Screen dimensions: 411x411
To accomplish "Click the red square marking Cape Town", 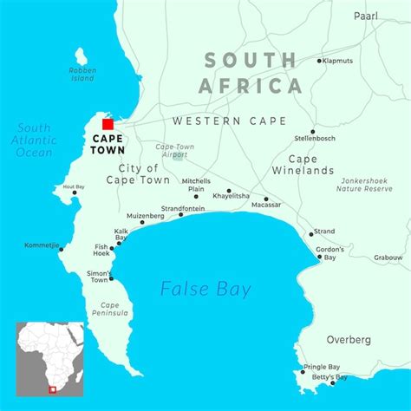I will pyautogui.click(x=108, y=124).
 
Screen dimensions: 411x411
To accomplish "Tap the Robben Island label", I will pyautogui.click(x=82, y=74).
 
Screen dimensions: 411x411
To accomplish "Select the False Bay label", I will pyautogui.click(x=205, y=288).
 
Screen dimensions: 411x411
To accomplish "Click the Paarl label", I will pyautogui.click(x=366, y=16).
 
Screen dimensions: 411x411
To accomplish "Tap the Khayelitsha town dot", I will pyautogui.click(x=229, y=191).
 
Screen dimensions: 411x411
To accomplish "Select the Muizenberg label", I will pyautogui.click(x=145, y=215).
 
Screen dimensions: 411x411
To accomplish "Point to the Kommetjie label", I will pyautogui.click(x=41, y=247).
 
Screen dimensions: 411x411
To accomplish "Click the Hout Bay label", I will pyautogui.click(x=74, y=186).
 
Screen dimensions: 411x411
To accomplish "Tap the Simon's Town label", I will pyautogui.click(x=100, y=276).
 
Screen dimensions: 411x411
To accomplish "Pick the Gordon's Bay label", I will pyautogui.click(x=330, y=252).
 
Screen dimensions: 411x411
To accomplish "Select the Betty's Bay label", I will pyautogui.click(x=329, y=377).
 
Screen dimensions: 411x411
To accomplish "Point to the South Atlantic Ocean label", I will pyautogui.click(x=35, y=140).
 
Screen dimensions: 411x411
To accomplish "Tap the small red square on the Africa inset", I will pyautogui.click(x=52, y=389).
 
